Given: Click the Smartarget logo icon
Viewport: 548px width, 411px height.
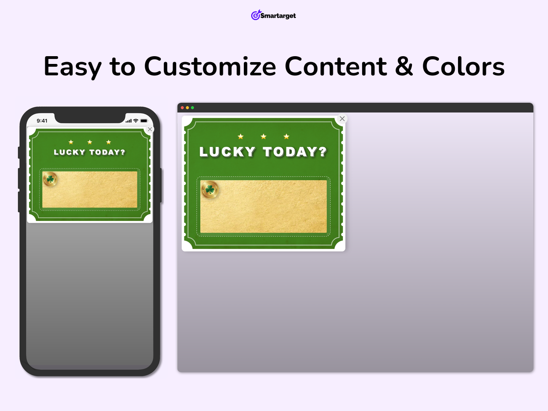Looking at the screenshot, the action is tap(256, 15).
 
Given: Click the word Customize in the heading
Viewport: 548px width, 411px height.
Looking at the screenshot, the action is tap(210, 66).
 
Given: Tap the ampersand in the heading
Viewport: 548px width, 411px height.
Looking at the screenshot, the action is tap(404, 66).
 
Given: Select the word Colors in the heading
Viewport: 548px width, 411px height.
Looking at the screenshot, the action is tap(463, 66).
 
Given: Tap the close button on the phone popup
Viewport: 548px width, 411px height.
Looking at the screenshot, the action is tap(150, 129).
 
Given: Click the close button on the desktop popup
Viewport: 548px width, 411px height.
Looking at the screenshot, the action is tap(342, 119).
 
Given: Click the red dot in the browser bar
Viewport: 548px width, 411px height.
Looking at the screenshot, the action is tap(182, 108).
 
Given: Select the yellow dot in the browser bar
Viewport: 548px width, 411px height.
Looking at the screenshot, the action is tap(187, 108).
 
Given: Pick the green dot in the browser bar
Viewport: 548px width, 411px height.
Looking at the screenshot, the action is tap(193, 108).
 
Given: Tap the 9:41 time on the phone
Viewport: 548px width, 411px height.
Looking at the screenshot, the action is tap(42, 121).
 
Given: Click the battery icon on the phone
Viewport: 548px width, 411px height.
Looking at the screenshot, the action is tap(144, 121).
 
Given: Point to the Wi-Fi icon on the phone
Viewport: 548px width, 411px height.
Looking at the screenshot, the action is tap(136, 121).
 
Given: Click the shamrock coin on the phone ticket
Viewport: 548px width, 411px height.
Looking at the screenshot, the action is tap(50, 179).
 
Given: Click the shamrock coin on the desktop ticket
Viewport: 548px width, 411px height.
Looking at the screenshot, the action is tap(210, 190).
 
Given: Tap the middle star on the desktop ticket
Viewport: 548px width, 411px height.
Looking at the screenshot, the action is tap(263, 137).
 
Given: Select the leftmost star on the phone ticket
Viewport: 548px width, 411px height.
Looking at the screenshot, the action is tap(71, 142).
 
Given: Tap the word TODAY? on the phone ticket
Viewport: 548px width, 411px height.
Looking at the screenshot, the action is tap(107, 152).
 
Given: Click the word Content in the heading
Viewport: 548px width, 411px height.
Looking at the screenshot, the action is tap(336, 66).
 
